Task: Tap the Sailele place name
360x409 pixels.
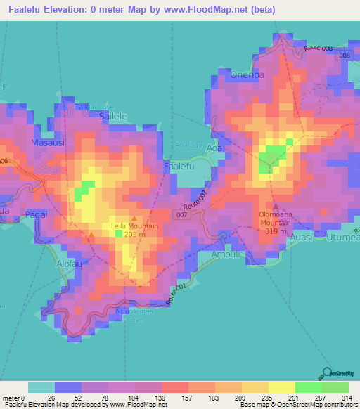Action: pyautogui.click(x=96, y=118)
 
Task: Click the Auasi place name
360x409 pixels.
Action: pyautogui.click(x=303, y=238)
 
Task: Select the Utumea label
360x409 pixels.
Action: pyautogui.click(x=342, y=238)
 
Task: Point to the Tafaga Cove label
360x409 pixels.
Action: pyautogui.click(x=96, y=105)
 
